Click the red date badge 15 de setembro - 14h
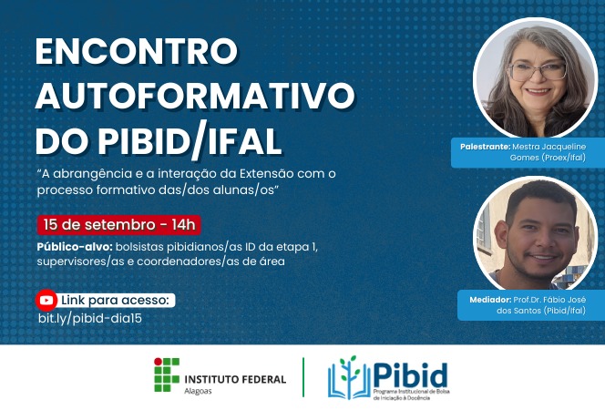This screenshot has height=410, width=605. click(118, 224)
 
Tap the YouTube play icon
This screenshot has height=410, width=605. click(46, 300)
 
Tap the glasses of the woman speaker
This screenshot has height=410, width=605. click(538, 70)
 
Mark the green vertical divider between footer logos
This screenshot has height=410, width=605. click(303, 377)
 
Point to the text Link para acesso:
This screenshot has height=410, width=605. click(116, 300)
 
